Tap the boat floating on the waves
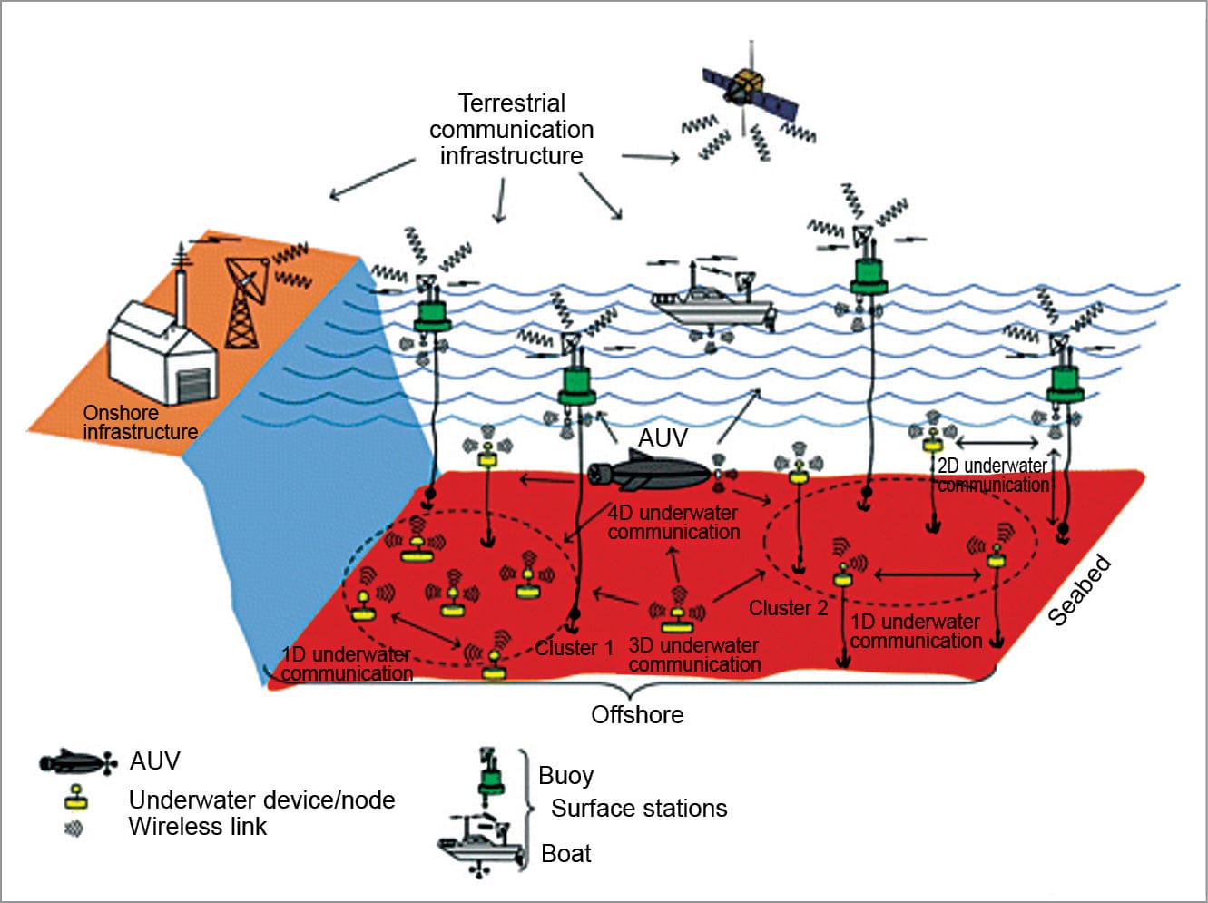point(713,304)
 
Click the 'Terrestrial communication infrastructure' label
point(512,130)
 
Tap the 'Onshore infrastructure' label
point(140,423)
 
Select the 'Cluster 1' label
point(574,648)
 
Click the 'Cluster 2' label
point(788,608)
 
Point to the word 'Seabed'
point(1080,591)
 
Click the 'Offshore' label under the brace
point(637,715)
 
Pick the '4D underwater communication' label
point(673,523)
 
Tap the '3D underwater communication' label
point(694,655)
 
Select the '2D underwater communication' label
point(993,476)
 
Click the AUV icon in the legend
point(76,762)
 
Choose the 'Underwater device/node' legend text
point(261,800)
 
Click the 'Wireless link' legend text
point(198,827)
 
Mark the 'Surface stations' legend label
point(639,809)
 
